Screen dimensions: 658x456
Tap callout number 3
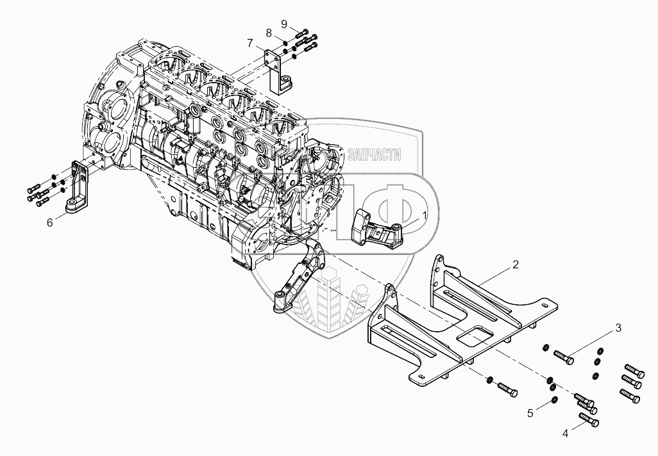618,329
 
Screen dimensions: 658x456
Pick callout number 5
530,414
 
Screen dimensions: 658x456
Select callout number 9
284,24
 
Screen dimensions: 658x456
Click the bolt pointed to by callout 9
303,31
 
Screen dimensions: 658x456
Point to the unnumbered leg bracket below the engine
301,275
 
